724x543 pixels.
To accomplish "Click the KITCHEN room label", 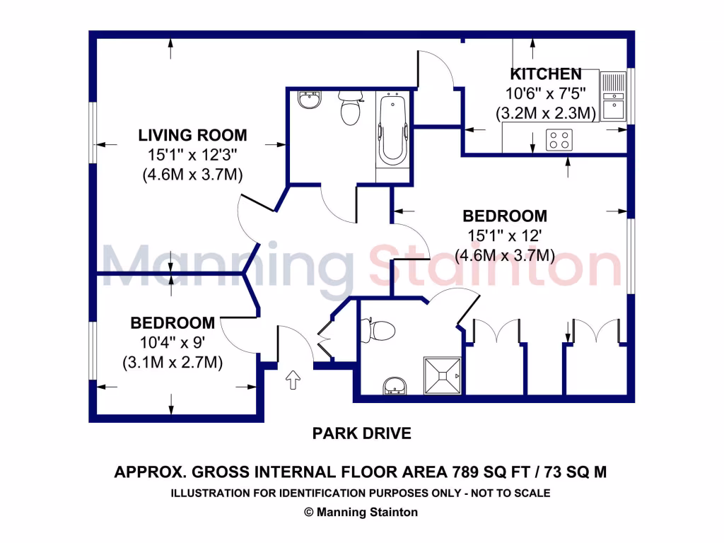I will tap(546, 74).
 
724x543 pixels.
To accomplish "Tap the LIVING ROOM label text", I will tap(192, 135).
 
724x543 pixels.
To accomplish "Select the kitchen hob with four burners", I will tap(560, 141).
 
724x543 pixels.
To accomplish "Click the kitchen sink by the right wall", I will tap(612, 97).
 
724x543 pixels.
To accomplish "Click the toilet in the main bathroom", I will tap(350, 109).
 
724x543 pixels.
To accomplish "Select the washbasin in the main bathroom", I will tap(308, 101).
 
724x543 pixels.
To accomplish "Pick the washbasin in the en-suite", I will tap(394, 386).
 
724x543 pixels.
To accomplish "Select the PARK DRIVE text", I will tap(361, 433).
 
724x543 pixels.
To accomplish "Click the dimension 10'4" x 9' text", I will tap(173, 344).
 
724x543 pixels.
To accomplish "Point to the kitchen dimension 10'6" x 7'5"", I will tap(545, 93).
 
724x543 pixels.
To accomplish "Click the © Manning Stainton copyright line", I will tap(361, 513).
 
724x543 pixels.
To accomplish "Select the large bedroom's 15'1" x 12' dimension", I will tap(504, 236).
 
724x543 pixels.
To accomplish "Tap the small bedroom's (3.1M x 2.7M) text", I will tap(173, 363).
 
